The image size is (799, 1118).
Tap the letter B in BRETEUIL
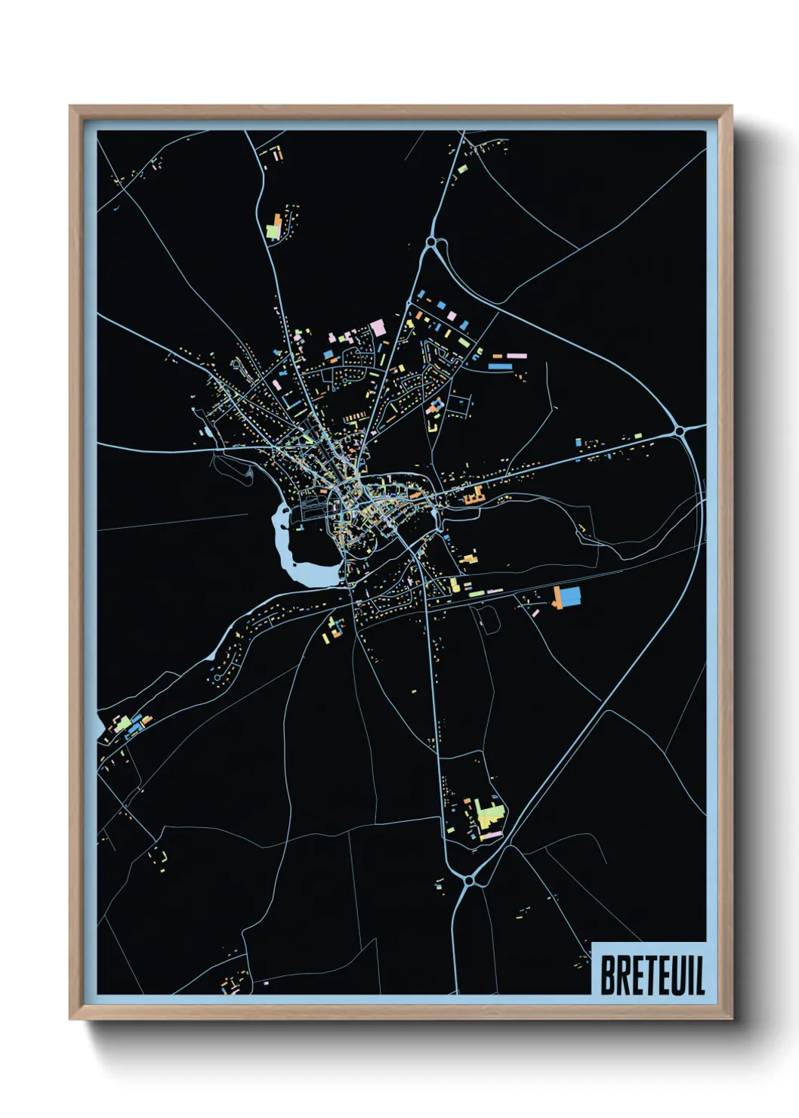tap(608, 975)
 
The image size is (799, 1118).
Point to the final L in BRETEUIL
tap(700, 975)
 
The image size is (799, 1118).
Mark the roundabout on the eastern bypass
tap(680, 431)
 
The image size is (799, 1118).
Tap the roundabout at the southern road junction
tap(469, 881)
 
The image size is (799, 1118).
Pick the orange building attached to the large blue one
tap(557, 597)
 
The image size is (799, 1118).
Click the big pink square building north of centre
tap(378, 328)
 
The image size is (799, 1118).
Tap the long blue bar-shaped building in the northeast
tap(499, 366)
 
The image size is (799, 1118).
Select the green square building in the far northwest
tap(273, 230)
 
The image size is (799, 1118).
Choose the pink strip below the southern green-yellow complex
tap(492, 835)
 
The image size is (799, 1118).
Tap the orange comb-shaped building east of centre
tap(474, 496)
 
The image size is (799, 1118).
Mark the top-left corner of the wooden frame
tap(70, 107)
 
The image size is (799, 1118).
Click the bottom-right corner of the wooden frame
tap(732, 1019)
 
